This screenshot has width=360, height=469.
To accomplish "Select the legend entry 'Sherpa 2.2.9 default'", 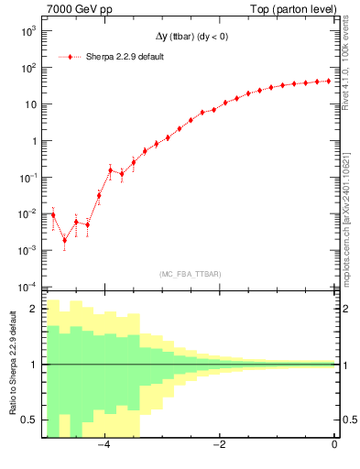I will [118, 57].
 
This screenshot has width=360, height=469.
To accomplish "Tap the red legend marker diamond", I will [71, 57].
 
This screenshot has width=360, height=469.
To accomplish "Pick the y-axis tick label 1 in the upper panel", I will [33, 141].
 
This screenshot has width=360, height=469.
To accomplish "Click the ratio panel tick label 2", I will [35, 309].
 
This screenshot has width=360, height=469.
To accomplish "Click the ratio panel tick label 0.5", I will [30, 420].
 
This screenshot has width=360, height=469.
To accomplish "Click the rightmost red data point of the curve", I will [328, 81].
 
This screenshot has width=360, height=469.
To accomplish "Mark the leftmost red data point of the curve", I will [53, 214].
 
